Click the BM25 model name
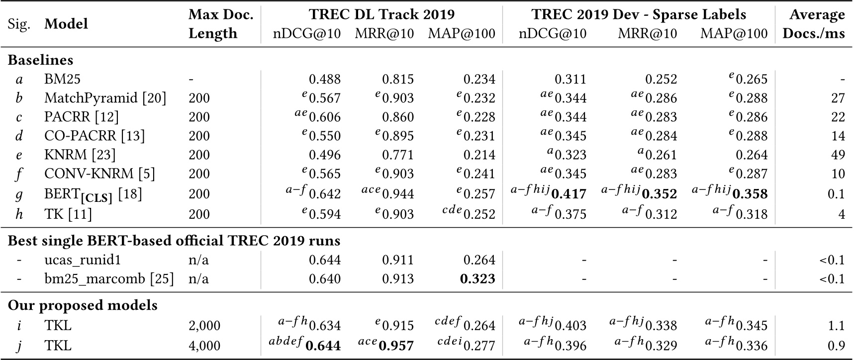[x=62, y=79]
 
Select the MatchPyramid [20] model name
[x=105, y=98]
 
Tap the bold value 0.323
[x=477, y=278]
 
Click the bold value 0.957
[x=396, y=345]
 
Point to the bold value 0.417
[x=569, y=193]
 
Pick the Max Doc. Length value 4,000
[x=204, y=345]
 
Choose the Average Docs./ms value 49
[x=838, y=155]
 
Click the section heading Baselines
[x=40, y=60]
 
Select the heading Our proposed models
[x=83, y=305]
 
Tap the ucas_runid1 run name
[x=83, y=260]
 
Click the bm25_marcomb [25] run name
[x=109, y=278]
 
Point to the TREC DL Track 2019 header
[x=381, y=14]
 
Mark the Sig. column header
[x=19, y=24]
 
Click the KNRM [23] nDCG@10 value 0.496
[x=325, y=155]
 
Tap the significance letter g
[x=19, y=193]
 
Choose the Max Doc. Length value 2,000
[x=204, y=326]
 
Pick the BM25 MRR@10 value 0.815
[x=397, y=79]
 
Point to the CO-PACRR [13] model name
[x=94, y=136]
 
